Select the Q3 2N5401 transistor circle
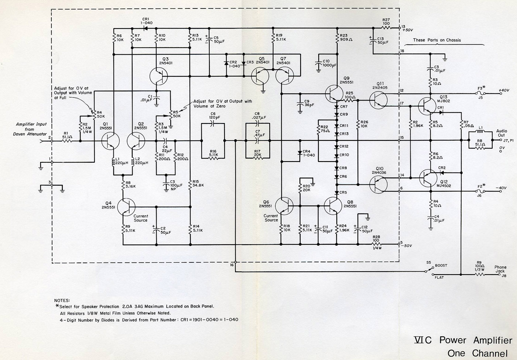[x=159, y=77]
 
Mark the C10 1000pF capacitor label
[x=329, y=63]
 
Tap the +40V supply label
[x=504, y=91]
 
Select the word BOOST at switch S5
[x=441, y=266]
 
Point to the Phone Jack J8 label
[x=501, y=271]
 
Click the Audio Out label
[x=501, y=133]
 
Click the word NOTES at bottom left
[x=62, y=300]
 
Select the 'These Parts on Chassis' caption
[x=436, y=40]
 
